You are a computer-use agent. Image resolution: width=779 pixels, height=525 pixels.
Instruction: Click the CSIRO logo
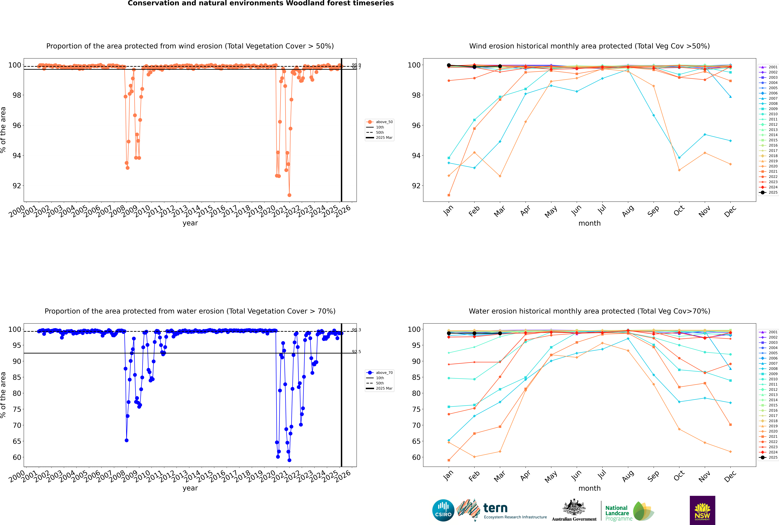point(443,510)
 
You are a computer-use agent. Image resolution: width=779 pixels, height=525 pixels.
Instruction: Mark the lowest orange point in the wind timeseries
point(289,195)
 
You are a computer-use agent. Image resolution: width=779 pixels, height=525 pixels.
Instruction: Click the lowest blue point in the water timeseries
point(289,460)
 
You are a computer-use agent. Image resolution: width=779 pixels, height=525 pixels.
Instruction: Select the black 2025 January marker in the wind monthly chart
point(449,65)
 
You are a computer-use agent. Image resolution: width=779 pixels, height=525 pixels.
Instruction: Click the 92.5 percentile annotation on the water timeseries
point(356,352)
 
